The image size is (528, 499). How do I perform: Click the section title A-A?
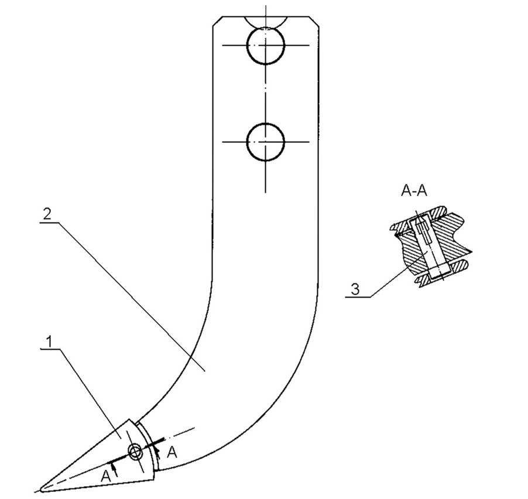coord(413,190)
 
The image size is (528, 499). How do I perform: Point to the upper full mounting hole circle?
coord(265,45)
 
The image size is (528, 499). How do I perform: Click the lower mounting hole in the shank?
coord(265,141)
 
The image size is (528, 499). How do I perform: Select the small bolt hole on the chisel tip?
coord(135,452)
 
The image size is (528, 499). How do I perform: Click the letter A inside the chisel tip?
coord(105,477)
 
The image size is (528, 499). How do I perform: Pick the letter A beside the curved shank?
coord(172,452)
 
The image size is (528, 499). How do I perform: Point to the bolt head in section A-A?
coord(438,271)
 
